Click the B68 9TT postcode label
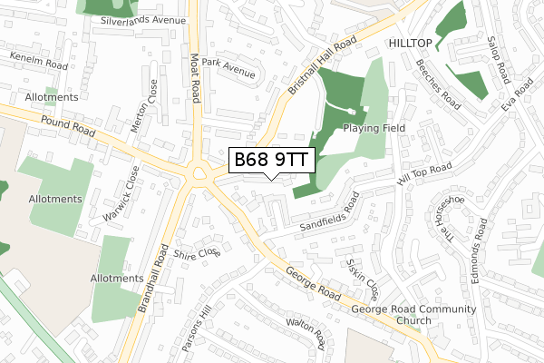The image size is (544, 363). pyautogui.click(x=271, y=161)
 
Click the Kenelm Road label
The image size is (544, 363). pyautogui.click(x=39, y=60)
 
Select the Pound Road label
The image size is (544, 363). pyautogui.click(x=67, y=126)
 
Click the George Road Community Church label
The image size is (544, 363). pyautogui.click(x=414, y=315)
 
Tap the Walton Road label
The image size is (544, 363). pyautogui.click(x=306, y=331)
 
